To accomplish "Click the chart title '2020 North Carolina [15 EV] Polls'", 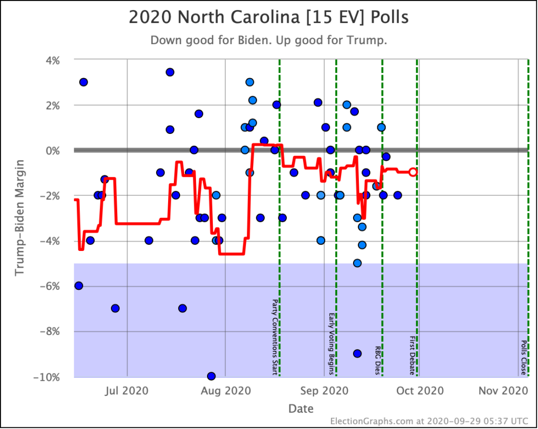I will coord(268,18).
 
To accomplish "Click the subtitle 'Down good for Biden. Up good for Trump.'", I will coord(268,40).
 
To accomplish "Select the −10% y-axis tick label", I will coord(47,377).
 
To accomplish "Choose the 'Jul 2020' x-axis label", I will coord(128,390).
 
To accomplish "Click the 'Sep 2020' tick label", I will coord(324,390).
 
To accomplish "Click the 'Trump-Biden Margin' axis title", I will coord(19,218).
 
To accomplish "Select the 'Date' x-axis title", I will coord(301,408).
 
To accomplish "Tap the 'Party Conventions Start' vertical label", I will coord(274,337).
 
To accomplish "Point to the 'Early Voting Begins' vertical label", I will coord(331,344).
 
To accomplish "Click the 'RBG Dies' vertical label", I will coord(377,360).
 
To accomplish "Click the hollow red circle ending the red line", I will coord(413,172).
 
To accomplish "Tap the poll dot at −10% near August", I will coord(211,376).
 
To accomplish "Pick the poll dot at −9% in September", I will coord(357,353).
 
